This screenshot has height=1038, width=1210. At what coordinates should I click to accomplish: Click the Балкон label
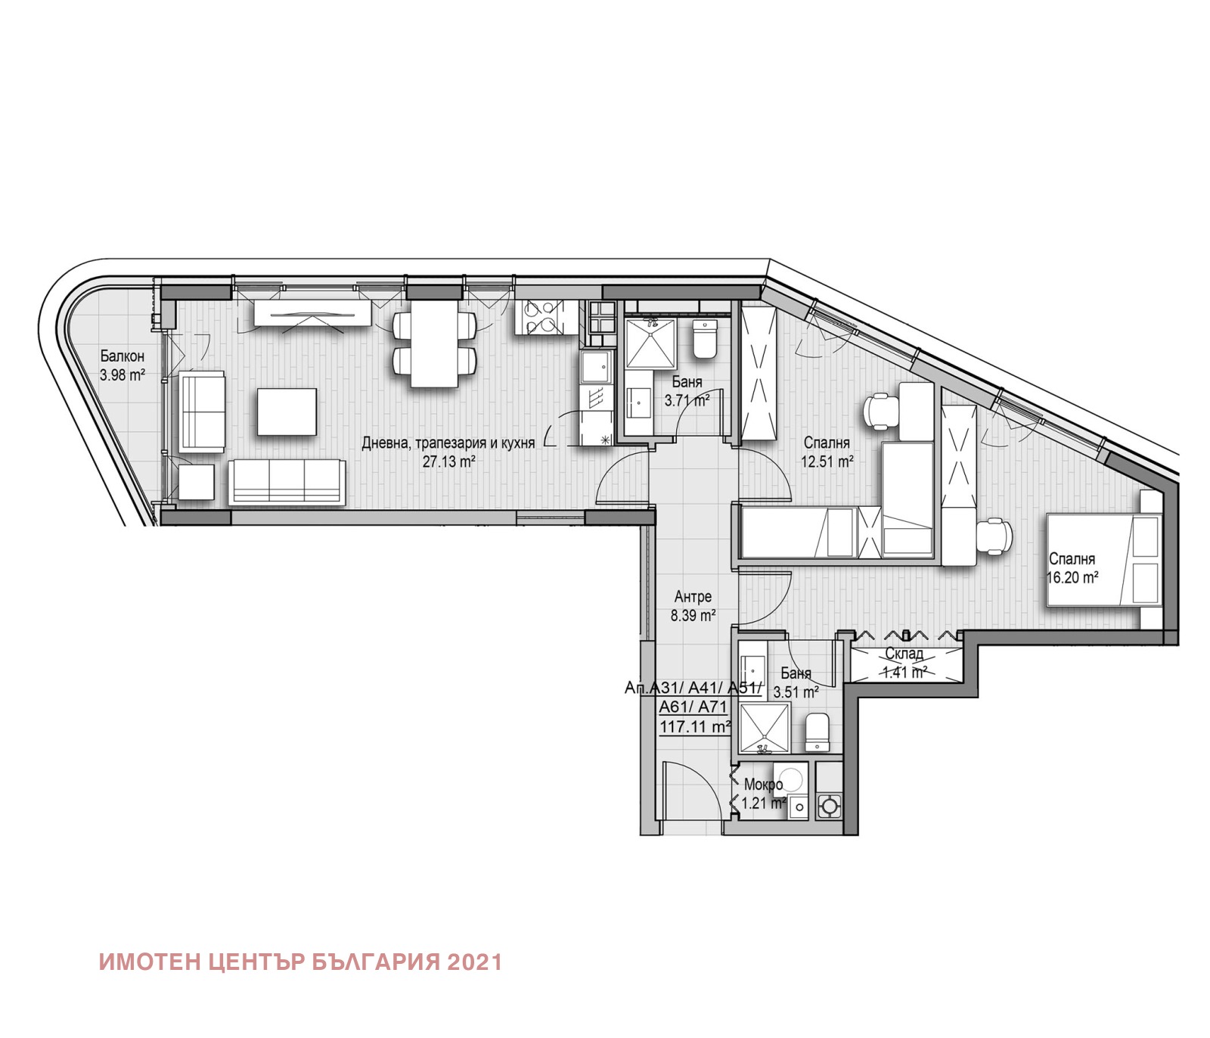tap(122, 356)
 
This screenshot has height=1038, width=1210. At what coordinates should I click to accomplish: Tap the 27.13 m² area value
tap(448, 462)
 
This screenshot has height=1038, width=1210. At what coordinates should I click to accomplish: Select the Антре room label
tap(693, 598)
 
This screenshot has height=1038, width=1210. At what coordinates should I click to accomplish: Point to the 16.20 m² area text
tap(1072, 578)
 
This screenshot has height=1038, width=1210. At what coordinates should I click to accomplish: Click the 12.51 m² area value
tap(827, 461)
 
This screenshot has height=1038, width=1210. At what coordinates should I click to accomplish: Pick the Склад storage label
tap(904, 654)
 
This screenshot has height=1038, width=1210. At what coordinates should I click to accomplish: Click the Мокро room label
tap(762, 785)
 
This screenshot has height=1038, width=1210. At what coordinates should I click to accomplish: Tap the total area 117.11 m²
tap(695, 727)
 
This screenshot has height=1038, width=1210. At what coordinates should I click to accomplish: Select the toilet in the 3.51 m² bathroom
tap(817, 732)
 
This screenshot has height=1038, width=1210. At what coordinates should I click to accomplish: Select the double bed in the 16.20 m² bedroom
tap(1103, 560)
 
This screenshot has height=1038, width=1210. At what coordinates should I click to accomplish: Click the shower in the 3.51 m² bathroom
tap(764, 729)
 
